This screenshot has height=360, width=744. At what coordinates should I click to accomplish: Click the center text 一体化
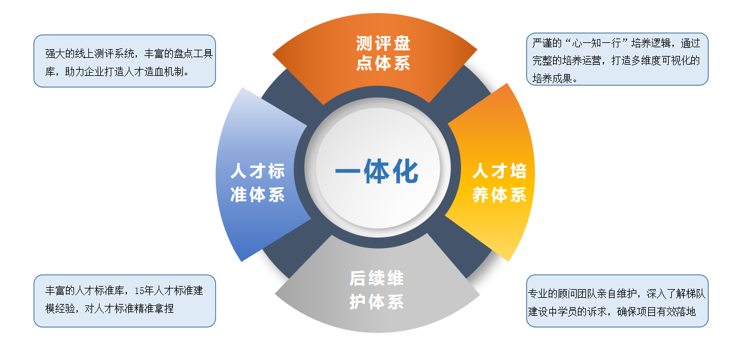coord(377,171)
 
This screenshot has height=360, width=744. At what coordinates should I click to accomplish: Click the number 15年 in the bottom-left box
coord(142,291)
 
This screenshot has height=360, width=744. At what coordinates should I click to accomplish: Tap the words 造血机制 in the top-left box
coord(165,72)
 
